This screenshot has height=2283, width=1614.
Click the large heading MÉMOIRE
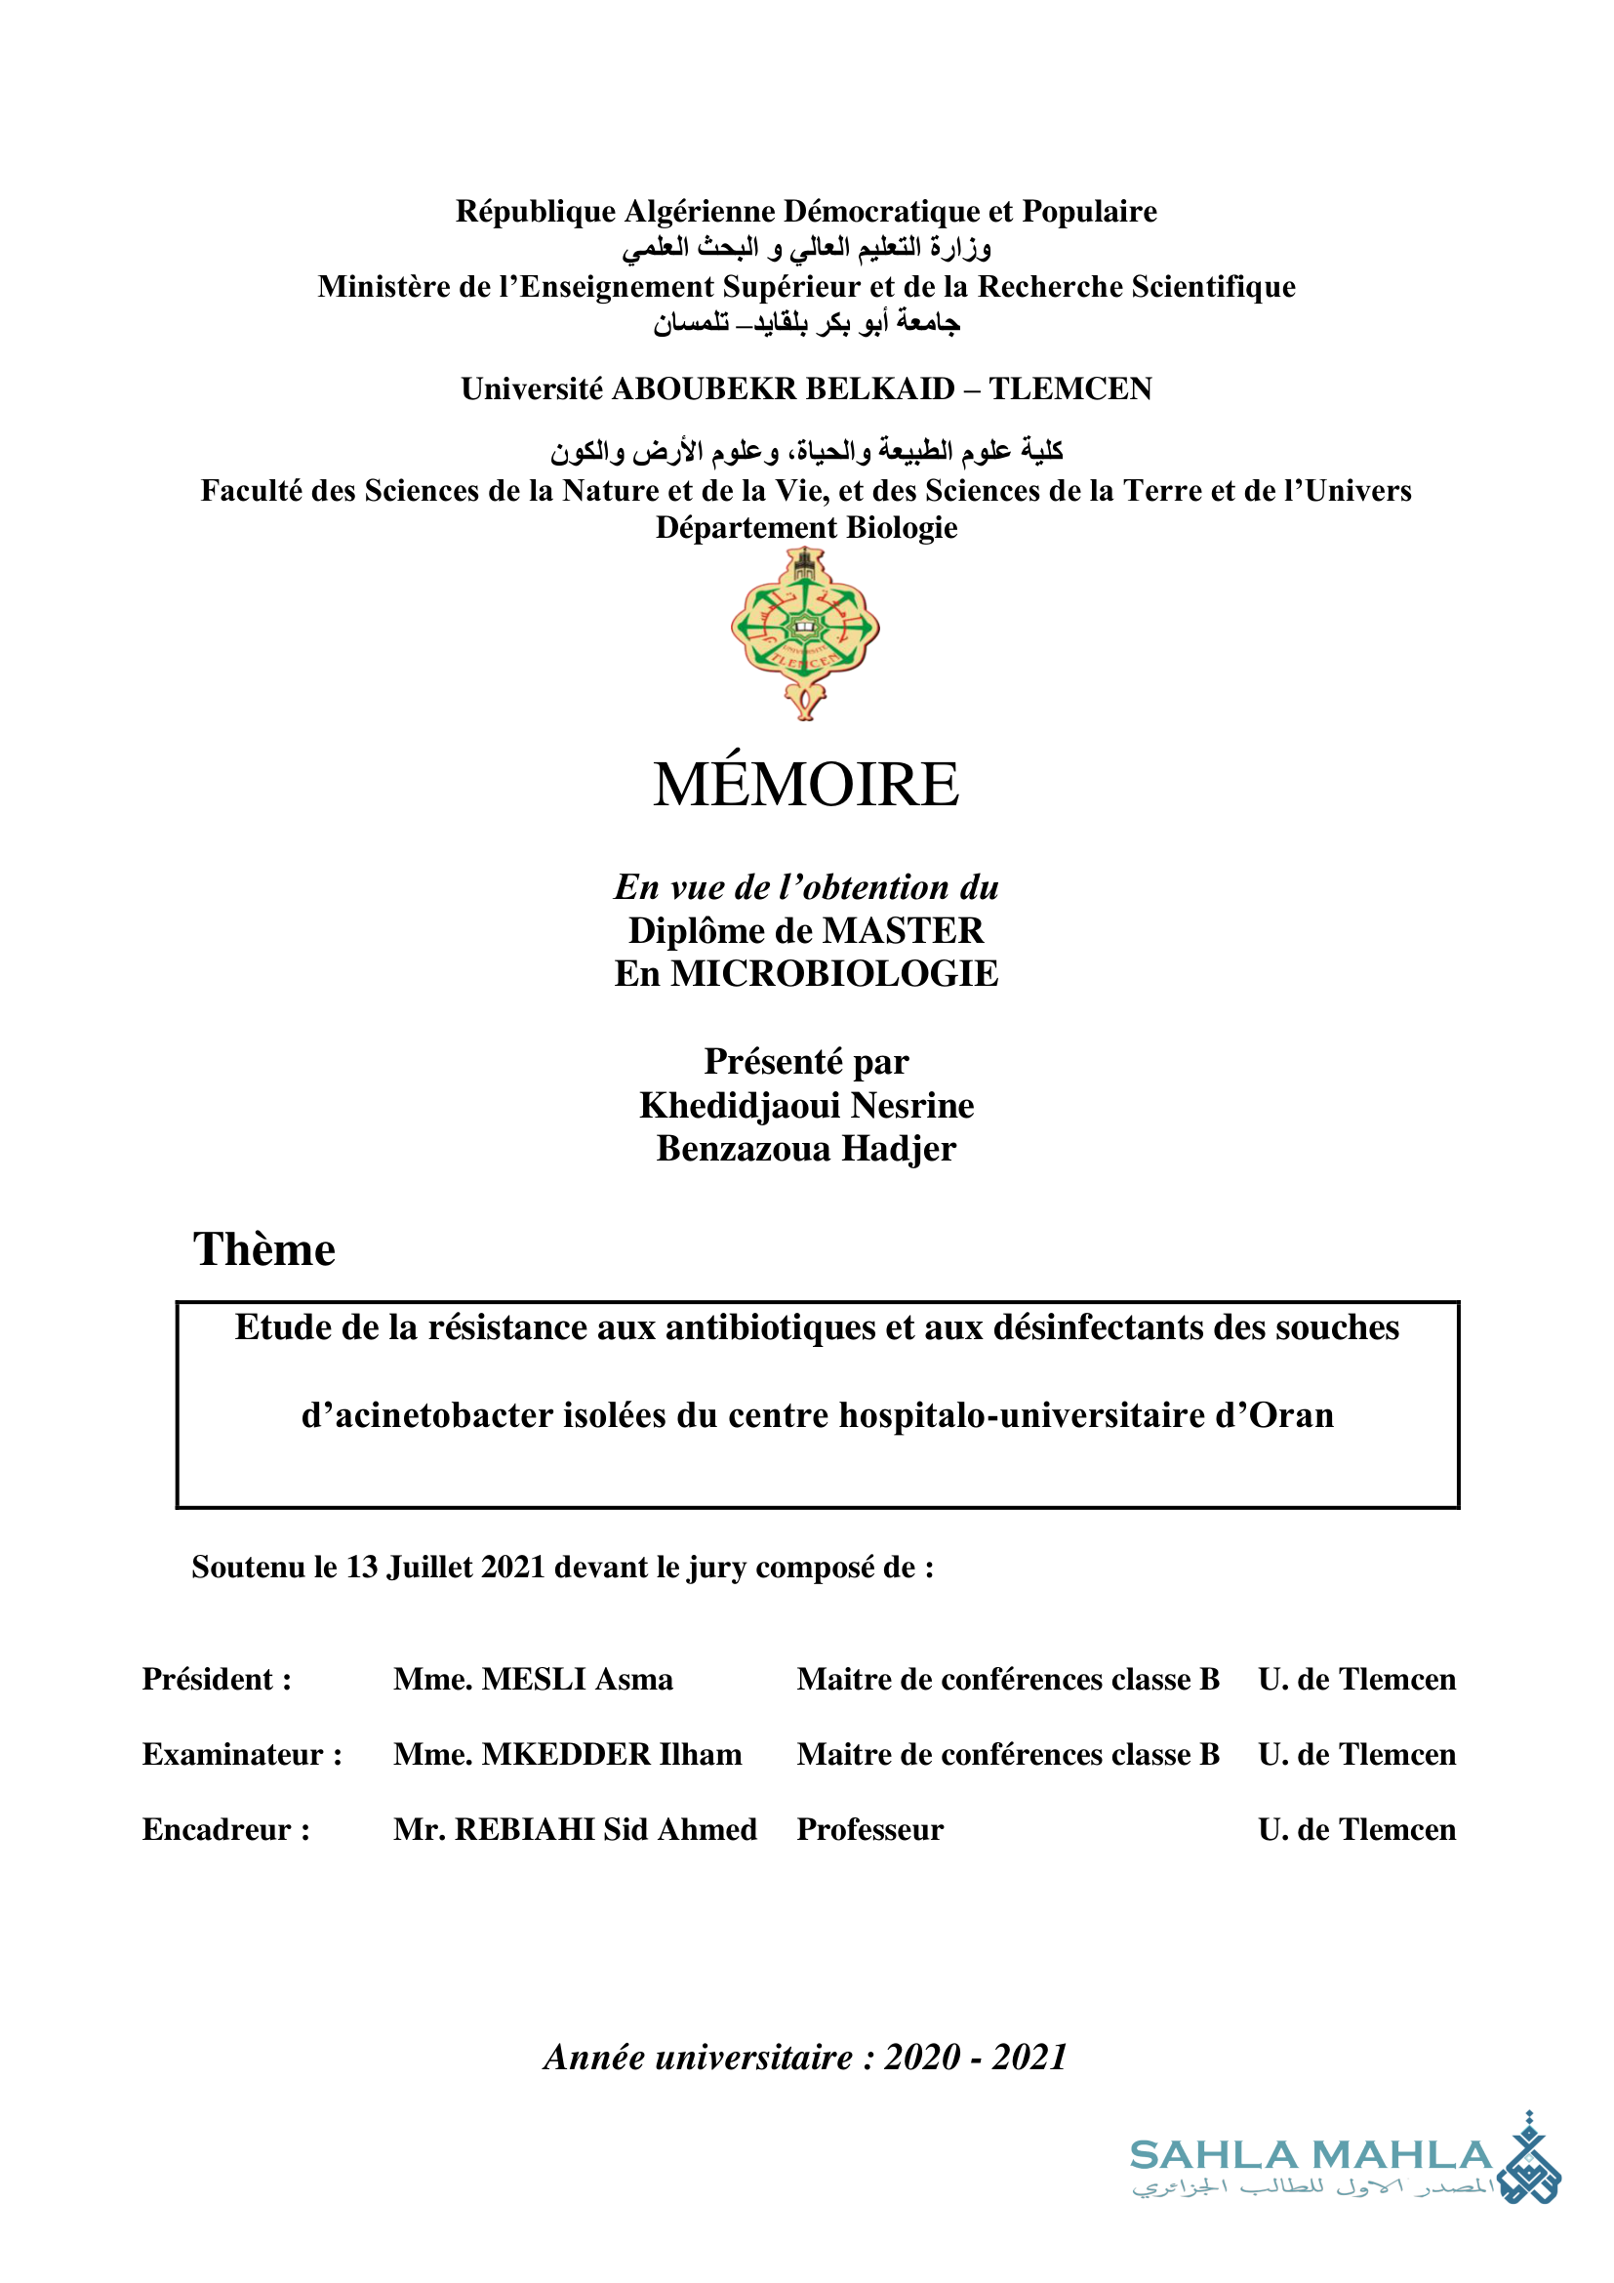(806, 785)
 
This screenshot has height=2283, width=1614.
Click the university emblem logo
(805, 632)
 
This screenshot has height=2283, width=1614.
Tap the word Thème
(264, 1250)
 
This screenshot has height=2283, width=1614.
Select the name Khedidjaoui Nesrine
(806, 1106)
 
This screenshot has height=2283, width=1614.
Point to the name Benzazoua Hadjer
(806, 1150)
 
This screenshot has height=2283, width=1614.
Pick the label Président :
(217, 1680)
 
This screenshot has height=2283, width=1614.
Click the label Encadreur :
(226, 1829)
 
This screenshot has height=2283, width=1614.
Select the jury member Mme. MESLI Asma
(533, 1680)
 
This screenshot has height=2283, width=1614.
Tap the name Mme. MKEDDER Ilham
(568, 1755)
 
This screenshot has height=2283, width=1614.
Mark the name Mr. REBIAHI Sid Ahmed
(575, 1829)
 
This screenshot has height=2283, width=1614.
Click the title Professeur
(869, 1829)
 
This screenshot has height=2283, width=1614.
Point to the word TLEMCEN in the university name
(1069, 388)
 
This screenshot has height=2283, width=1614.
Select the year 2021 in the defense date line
(513, 1568)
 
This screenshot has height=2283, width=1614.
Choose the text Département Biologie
(806, 528)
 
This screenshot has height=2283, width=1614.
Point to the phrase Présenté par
(806, 1062)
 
